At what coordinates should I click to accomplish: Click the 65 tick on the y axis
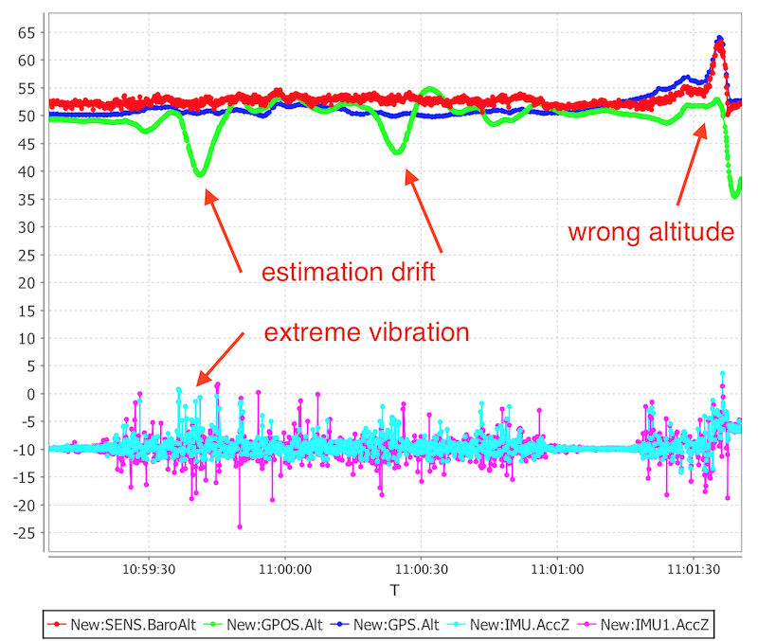pyautogui.click(x=26, y=32)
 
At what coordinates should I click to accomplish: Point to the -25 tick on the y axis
pyautogui.click(x=23, y=534)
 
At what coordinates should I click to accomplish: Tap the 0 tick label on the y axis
pyautogui.click(x=30, y=395)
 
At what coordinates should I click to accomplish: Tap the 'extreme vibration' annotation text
pyautogui.click(x=366, y=333)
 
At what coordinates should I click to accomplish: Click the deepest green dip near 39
pyautogui.click(x=200, y=174)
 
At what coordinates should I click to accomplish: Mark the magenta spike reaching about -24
pyautogui.click(x=240, y=526)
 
